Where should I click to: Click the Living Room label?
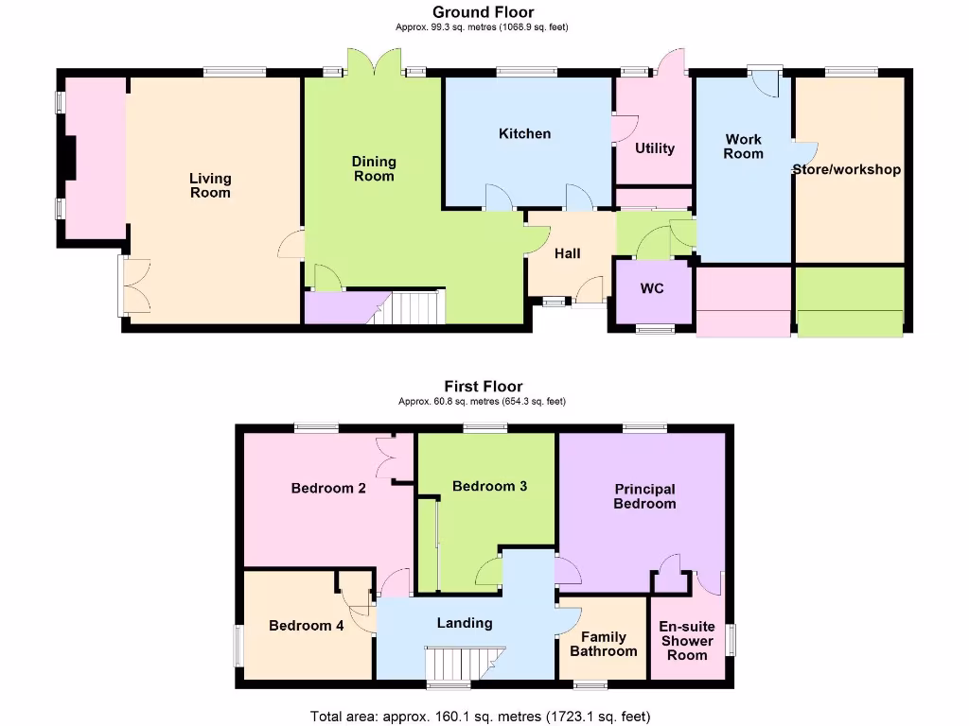tap(210, 185)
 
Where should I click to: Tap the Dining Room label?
tap(374, 168)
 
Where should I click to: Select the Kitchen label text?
tap(524, 133)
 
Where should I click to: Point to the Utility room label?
tap(655, 147)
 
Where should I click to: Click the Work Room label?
tap(743, 147)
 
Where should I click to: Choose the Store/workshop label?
tap(846, 170)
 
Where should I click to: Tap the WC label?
tap(652, 288)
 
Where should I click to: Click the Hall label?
tap(568, 253)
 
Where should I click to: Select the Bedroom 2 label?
tap(328, 489)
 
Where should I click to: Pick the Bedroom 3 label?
tap(489, 486)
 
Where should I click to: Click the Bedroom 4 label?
tap(306, 625)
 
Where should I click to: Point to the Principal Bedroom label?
tap(644, 496)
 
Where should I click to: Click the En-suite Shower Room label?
tap(686, 640)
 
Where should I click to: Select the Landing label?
tap(465, 623)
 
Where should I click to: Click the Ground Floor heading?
tap(483, 12)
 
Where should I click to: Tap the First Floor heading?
tap(484, 386)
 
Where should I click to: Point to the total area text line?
tap(481, 716)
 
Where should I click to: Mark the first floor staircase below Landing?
tap(463, 662)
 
